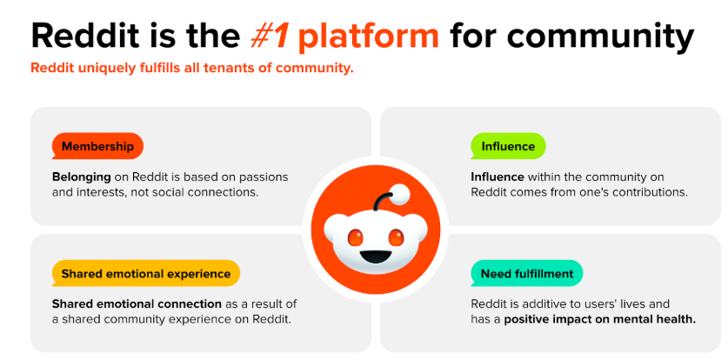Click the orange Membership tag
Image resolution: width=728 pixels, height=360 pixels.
pyautogui.click(x=97, y=146)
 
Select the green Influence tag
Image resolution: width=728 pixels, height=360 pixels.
pyautogui.click(x=508, y=146)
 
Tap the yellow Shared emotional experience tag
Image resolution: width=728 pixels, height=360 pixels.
pyautogui.click(x=146, y=273)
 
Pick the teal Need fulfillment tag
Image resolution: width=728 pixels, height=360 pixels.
pyautogui.click(x=526, y=273)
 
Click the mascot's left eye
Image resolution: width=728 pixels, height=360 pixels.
pyautogui.click(x=356, y=237)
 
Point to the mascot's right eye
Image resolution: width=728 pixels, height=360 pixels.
pyautogui.click(x=396, y=237)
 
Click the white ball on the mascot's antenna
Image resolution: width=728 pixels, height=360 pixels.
pyautogui.click(x=400, y=195)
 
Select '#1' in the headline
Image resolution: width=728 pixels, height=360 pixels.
pyautogui.click(x=270, y=36)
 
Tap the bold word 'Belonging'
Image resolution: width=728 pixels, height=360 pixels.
pyautogui.click(x=81, y=177)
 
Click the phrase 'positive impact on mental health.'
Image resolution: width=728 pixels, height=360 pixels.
pyautogui.click(x=600, y=320)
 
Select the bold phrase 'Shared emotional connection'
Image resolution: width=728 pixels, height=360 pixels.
pyautogui.click(x=137, y=304)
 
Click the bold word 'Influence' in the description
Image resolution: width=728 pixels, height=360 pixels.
pyautogui.click(x=498, y=177)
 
